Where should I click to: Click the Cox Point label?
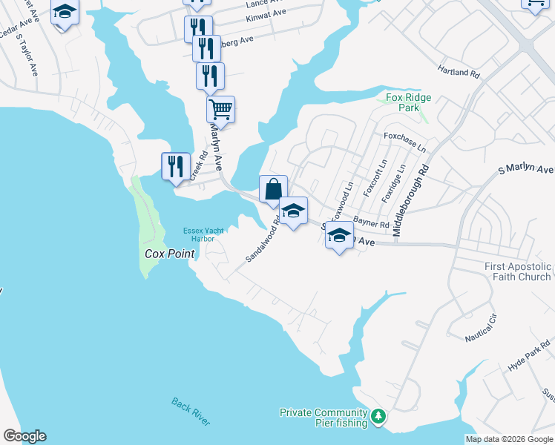pyautogui.click(x=168, y=254)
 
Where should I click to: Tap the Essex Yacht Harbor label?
pyautogui.click(x=199, y=234)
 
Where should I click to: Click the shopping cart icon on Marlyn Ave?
pyautogui.click(x=220, y=110)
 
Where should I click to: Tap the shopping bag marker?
pyautogui.click(x=273, y=189)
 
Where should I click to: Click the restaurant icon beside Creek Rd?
pyautogui.click(x=176, y=165)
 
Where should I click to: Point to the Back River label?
pyautogui.click(x=191, y=412)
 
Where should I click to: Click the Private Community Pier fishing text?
pyautogui.click(x=324, y=418)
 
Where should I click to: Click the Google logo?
pyautogui.click(x=24, y=436)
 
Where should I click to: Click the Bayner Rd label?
pyautogui.click(x=371, y=222)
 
